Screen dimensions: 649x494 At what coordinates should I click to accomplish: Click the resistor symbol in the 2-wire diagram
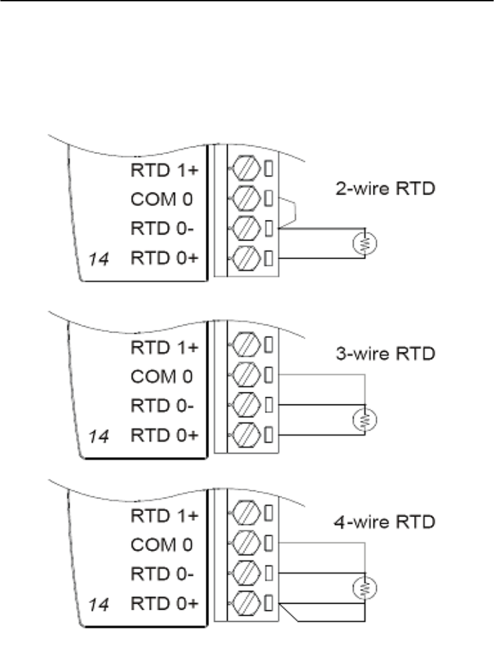[x=364, y=244]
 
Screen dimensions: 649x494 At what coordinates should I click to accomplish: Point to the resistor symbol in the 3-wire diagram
[x=364, y=419]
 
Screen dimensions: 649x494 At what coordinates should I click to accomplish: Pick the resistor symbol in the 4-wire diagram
[x=364, y=588]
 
